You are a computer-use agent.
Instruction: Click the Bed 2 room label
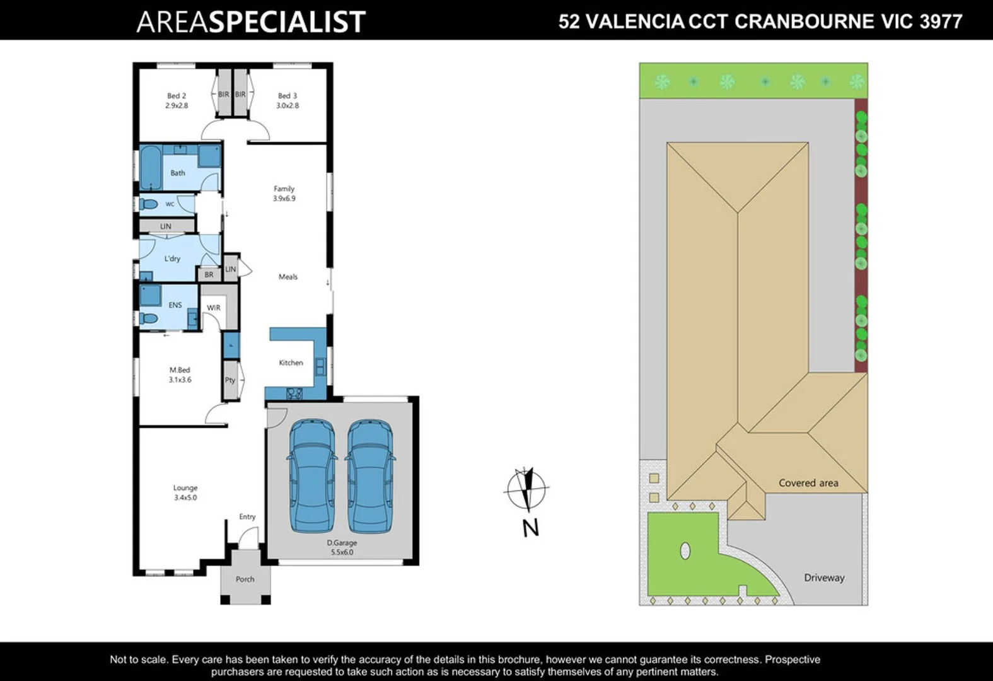point(177,96)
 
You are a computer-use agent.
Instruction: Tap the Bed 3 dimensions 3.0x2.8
point(287,106)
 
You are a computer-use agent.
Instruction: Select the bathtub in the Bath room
point(151,168)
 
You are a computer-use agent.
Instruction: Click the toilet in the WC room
point(149,204)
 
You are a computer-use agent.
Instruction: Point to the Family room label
point(284,189)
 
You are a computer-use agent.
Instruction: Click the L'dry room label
point(172,259)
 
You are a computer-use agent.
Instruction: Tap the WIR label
point(214,308)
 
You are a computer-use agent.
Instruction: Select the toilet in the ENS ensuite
point(149,318)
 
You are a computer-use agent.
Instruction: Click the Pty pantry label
point(230,380)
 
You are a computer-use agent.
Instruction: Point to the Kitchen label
point(291,363)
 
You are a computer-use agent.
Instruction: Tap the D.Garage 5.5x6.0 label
point(342,547)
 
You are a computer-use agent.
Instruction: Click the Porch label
point(245,579)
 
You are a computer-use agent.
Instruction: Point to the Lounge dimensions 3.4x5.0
point(185,498)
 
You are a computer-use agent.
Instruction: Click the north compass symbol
point(527,489)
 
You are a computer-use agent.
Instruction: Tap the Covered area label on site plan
point(808,483)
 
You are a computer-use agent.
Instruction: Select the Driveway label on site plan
point(824,578)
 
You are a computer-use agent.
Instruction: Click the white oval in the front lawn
point(685,551)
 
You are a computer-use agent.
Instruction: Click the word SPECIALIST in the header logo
point(287,22)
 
